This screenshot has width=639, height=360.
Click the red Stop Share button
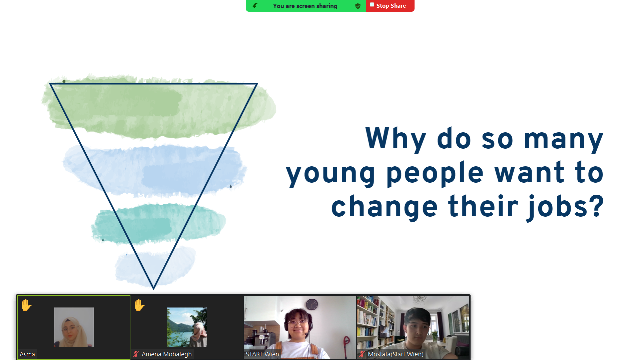pos(390,6)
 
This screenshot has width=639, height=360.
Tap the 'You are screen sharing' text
pos(305,6)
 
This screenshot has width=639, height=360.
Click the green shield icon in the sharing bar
pos(358,6)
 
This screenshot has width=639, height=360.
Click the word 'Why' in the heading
pos(396,139)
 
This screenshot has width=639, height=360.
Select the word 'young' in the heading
pos(331,174)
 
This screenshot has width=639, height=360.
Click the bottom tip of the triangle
pos(153,289)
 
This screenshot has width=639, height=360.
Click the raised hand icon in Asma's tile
pos(26,305)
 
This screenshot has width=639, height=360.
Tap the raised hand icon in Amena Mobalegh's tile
pos(139,305)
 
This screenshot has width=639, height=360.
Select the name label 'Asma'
pos(27,354)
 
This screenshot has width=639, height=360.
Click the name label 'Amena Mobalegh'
pos(166,354)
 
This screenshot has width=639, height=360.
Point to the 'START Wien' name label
pos(262,354)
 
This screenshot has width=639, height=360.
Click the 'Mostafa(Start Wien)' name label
pos(396,354)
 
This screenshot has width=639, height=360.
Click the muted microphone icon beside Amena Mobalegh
pos(136,354)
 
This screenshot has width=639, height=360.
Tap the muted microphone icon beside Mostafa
pos(362,354)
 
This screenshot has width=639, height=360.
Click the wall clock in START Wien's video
pos(312,304)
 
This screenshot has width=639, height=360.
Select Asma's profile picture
pos(74,327)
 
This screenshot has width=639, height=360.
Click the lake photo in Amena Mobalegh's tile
pos(187,327)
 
